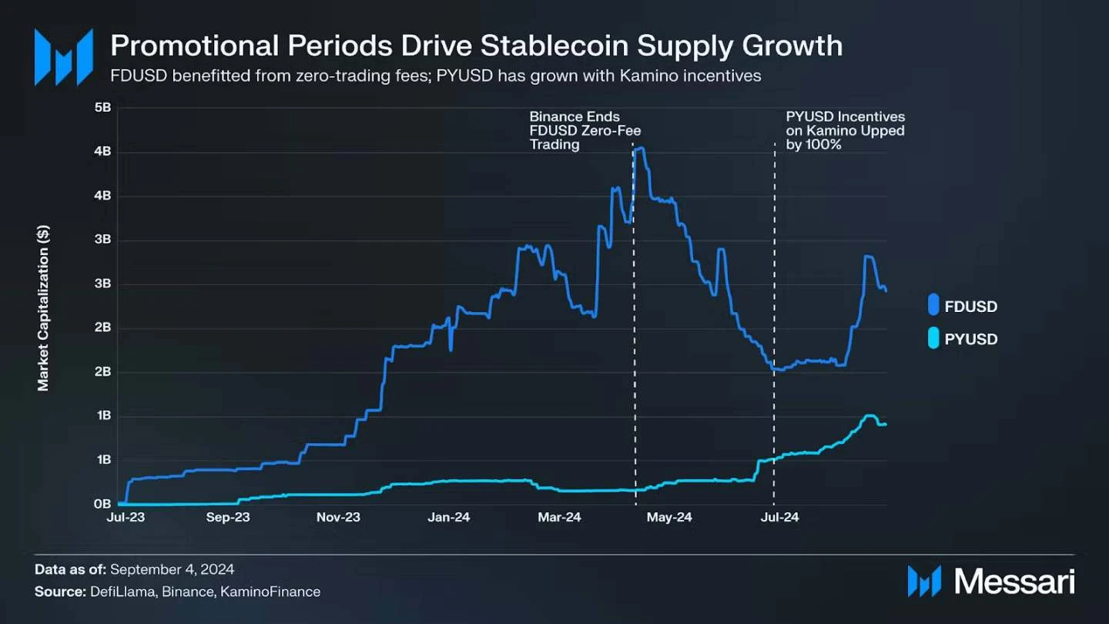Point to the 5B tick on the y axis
pos(102,107)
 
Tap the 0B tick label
pos(102,505)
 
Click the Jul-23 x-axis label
pos(126,518)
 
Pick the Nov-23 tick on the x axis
pos(339,518)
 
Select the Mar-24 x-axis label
pos(559,518)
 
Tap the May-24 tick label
pos(669,518)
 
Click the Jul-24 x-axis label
pos(779,518)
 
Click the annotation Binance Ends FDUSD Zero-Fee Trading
pos(585,130)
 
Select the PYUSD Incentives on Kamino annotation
pos(845,130)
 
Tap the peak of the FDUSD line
pos(639,148)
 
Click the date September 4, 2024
pos(172,569)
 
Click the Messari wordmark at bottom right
pos(1014,581)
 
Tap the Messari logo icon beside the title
pos(63,56)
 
